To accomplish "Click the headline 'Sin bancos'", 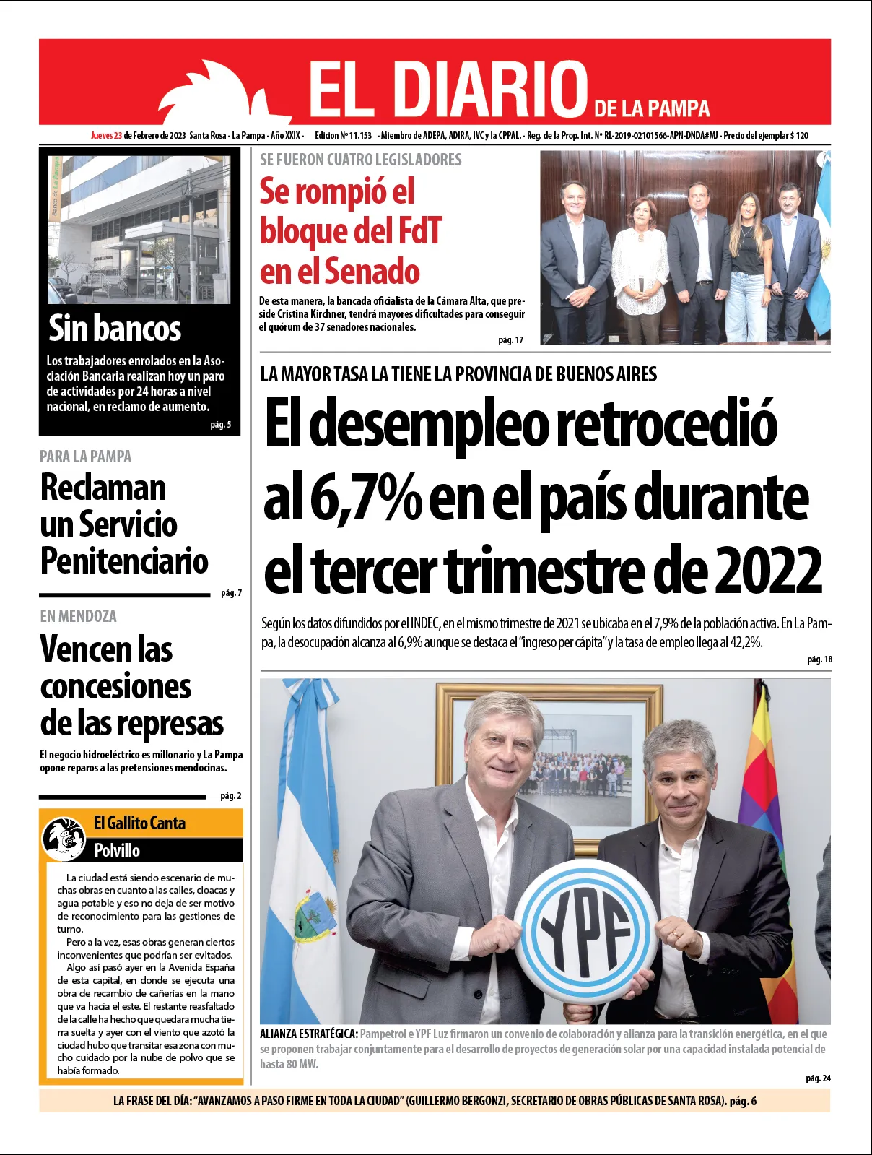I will click(x=114, y=329).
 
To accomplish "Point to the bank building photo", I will click(x=139, y=229).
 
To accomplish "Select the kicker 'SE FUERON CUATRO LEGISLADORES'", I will click(x=360, y=160).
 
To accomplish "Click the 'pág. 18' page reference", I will click(x=819, y=659).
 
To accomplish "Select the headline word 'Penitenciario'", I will click(x=124, y=561).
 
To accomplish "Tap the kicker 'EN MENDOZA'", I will click(x=78, y=616).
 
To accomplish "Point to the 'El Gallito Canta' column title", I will click(x=139, y=823).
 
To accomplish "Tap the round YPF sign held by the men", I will click(x=586, y=931).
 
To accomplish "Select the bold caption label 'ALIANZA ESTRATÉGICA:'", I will click(x=309, y=1034).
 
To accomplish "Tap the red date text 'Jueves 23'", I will click(x=106, y=135).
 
